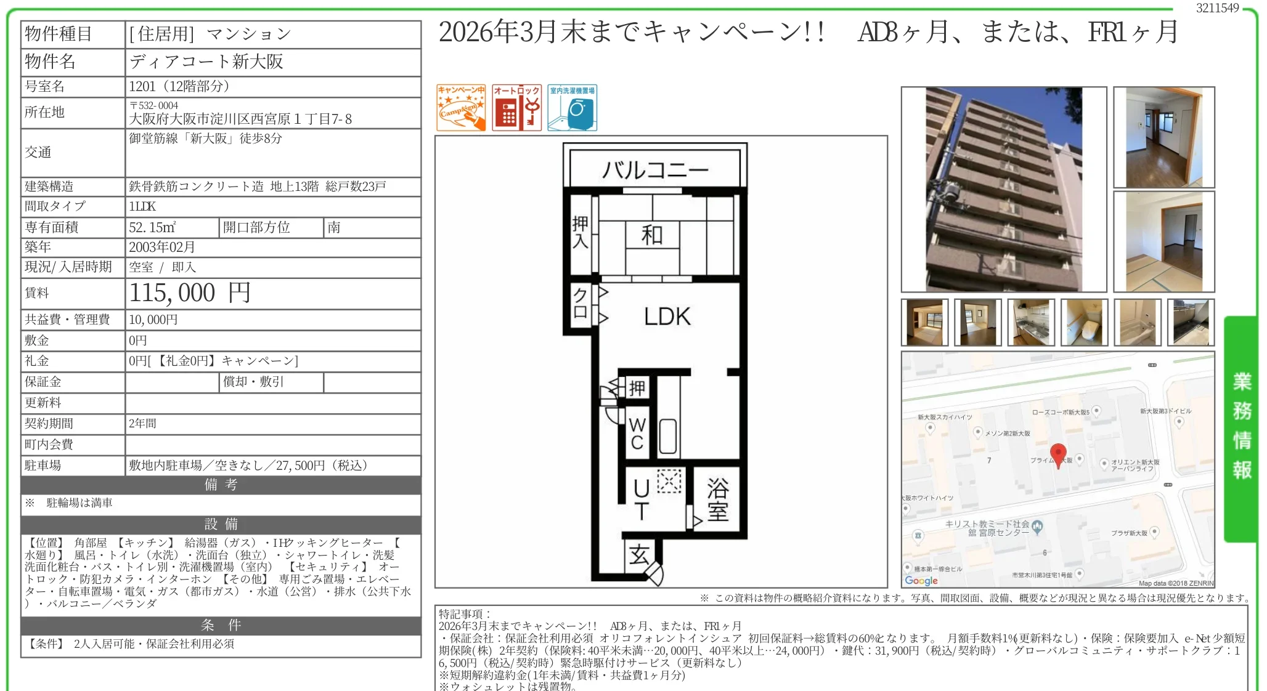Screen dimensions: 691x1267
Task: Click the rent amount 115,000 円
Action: (x=190, y=293)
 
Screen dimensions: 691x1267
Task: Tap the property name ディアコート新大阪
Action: (x=206, y=62)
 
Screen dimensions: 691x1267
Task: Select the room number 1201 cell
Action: (x=179, y=86)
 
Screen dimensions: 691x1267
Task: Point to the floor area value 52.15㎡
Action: (x=152, y=227)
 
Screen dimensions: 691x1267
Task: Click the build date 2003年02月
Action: (x=161, y=247)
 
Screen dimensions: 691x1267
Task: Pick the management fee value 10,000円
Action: (x=153, y=320)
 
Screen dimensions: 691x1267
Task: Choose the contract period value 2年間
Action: (x=142, y=424)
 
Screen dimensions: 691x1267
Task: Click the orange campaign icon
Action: (x=461, y=108)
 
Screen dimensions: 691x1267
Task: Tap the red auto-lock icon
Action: (x=516, y=108)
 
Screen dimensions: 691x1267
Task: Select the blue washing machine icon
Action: (x=572, y=108)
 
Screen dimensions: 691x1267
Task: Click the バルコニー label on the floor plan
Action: (x=655, y=169)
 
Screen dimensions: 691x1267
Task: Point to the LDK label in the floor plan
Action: (x=667, y=317)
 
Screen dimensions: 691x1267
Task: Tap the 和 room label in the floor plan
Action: (x=652, y=235)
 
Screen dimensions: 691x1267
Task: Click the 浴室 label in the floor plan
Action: (x=717, y=499)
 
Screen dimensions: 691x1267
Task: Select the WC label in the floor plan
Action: (x=637, y=434)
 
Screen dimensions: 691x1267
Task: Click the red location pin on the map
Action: (x=1058, y=455)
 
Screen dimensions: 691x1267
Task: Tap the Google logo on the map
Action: (x=921, y=580)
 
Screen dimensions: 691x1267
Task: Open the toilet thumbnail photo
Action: (x=1084, y=323)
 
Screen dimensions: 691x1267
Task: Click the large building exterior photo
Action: (x=1003, y=189)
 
